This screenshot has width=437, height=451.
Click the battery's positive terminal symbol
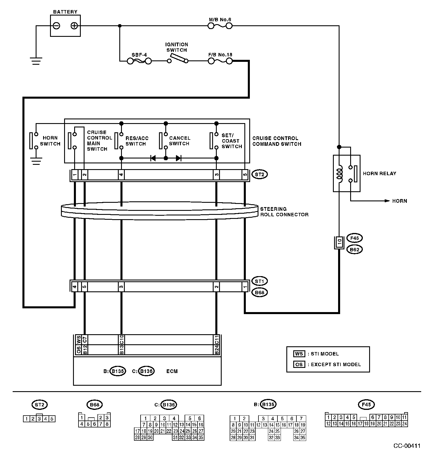74,26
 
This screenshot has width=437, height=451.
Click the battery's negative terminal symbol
57,26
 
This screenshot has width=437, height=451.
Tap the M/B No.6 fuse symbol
220,26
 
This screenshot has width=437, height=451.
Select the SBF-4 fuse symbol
139,61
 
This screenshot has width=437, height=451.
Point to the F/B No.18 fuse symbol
220,61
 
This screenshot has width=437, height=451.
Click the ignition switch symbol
178,59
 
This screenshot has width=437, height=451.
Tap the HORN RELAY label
379,173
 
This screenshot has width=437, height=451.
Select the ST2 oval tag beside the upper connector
259,174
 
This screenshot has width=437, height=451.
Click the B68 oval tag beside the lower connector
259,293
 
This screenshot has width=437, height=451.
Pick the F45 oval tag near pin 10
354,238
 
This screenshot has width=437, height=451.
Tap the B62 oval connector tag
354,249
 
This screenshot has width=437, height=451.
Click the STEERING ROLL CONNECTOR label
284,212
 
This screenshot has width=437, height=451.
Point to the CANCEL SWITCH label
179,141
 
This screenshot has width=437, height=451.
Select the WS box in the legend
299,354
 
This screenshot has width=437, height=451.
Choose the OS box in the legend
299,364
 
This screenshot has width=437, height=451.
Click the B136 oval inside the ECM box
146,371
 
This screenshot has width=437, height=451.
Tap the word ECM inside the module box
172,371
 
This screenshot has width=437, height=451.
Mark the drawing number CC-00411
407,446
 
